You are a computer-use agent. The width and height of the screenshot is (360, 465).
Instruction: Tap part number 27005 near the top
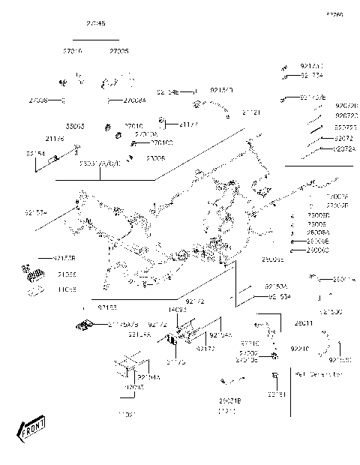click(x=119, y=52)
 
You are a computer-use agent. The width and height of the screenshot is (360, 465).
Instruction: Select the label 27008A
click(x=135, y=100)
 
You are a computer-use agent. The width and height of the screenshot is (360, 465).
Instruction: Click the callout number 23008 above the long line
click(x=156, y=159)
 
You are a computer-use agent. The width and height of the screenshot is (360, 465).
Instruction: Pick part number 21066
click(x=67, y=274)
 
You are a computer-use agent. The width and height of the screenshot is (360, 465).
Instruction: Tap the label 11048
click(x=67, y=289)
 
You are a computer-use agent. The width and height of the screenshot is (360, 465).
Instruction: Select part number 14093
click(x=177, y=308)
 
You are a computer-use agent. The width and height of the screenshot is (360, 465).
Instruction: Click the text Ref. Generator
click(x=318, y=372)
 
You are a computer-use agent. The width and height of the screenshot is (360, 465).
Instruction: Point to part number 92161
click(x=277, y=393)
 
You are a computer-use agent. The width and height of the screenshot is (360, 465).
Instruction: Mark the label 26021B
click(x=229, y=401)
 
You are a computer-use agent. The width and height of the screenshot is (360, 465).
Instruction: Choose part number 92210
click(x=300, y=349)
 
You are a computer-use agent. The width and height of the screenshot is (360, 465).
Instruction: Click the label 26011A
click(x=343, y=280)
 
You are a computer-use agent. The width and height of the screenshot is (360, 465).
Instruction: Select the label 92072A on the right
click(x=345, y=148)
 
